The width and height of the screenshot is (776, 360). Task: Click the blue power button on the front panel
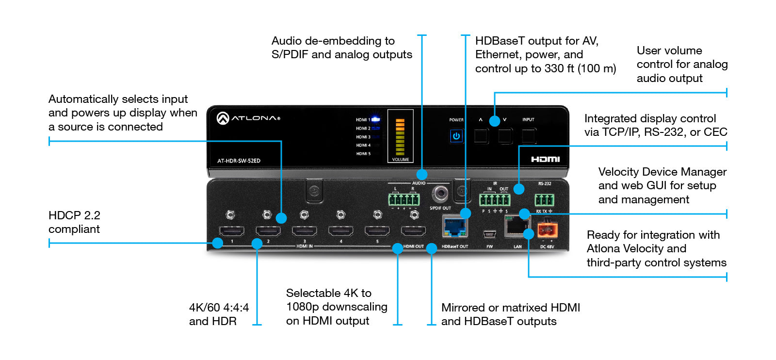[x=456, y=136]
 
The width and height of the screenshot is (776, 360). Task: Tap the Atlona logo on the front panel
[x=248, y=118]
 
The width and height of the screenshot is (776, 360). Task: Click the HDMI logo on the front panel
[x=545, y=159]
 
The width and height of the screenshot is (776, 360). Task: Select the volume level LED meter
[x=400, y=136]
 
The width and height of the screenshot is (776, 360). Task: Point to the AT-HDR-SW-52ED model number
[x=239, y=161]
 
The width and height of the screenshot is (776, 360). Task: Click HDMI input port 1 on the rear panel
[x=232, y=231]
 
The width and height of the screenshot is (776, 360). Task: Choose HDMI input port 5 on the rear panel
[x=377, y=231]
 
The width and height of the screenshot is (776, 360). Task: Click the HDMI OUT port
[x=414, y=231]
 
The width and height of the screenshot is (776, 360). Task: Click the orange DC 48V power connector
[x=547, y=229]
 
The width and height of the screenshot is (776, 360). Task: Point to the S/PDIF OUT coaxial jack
[x=440, y=194]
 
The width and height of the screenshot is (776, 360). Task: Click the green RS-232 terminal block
[x=544, y=200]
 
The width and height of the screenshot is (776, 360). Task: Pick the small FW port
[x=489, y=234]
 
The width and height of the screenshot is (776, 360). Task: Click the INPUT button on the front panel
[x=529, y=136]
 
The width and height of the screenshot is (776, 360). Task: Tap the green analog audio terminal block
[x=404, y=200]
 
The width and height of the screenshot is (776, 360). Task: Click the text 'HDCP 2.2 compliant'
[x=74, y=222]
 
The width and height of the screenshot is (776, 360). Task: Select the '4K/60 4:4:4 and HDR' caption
[x=219, y=314]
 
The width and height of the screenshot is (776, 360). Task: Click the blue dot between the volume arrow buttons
[x=494, y=121]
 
